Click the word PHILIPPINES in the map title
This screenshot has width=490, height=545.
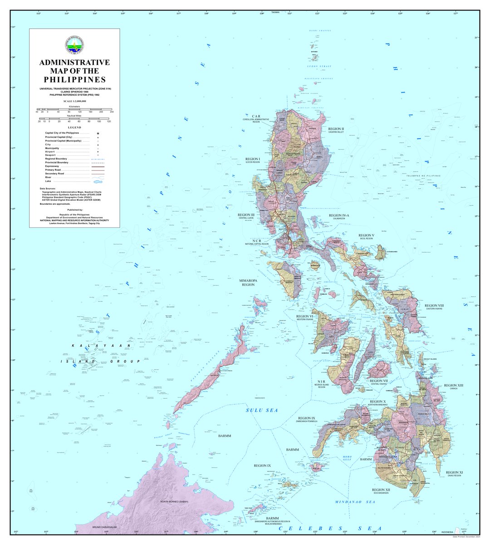click(74, 79)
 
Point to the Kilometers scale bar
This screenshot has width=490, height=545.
click(74, 109)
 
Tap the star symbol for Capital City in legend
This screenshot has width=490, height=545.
click(98, 134)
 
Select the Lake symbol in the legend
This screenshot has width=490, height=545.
click(98, 181)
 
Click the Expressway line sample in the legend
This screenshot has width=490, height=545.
click(98, 166)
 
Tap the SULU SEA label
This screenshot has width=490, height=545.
click(261, 410)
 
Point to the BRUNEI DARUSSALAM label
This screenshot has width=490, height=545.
click(105, 527)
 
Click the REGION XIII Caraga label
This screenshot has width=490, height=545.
click(454, 386)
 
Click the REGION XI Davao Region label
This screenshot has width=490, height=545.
click(454, 474)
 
